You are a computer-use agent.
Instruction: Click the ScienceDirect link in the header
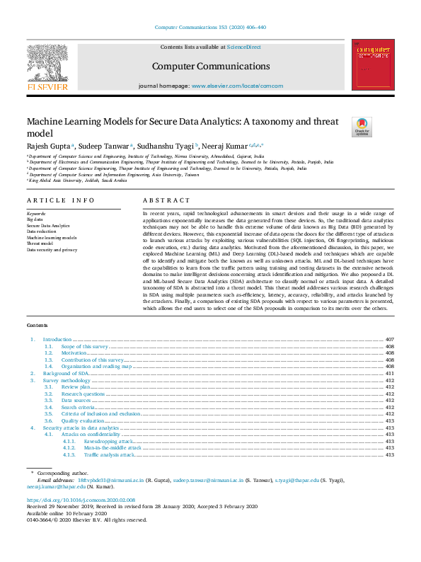pyautogui.click(x=243, y=47)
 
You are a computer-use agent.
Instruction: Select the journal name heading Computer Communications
pyautogui.click(x=210, y=66)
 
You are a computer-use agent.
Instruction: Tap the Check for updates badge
pyautogui.click(x=362, y=127)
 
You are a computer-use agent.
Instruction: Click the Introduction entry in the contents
pyautogui.click(x=57, y=340)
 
